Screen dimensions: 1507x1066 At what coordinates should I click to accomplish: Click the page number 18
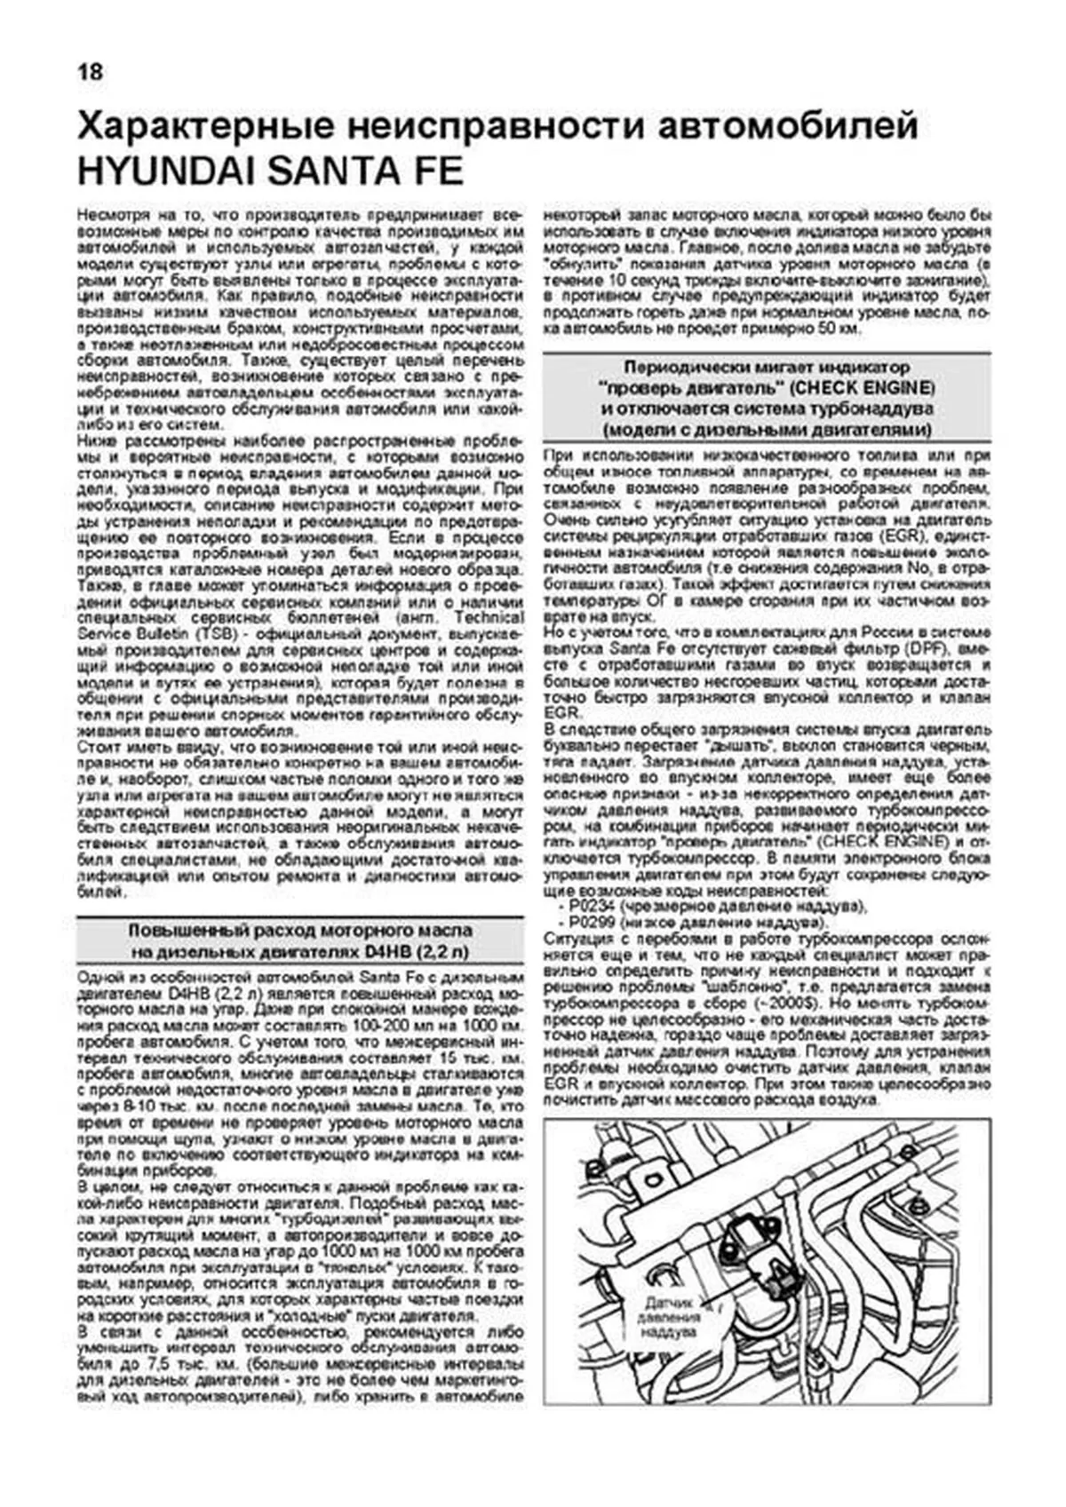tap(90, 71)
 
